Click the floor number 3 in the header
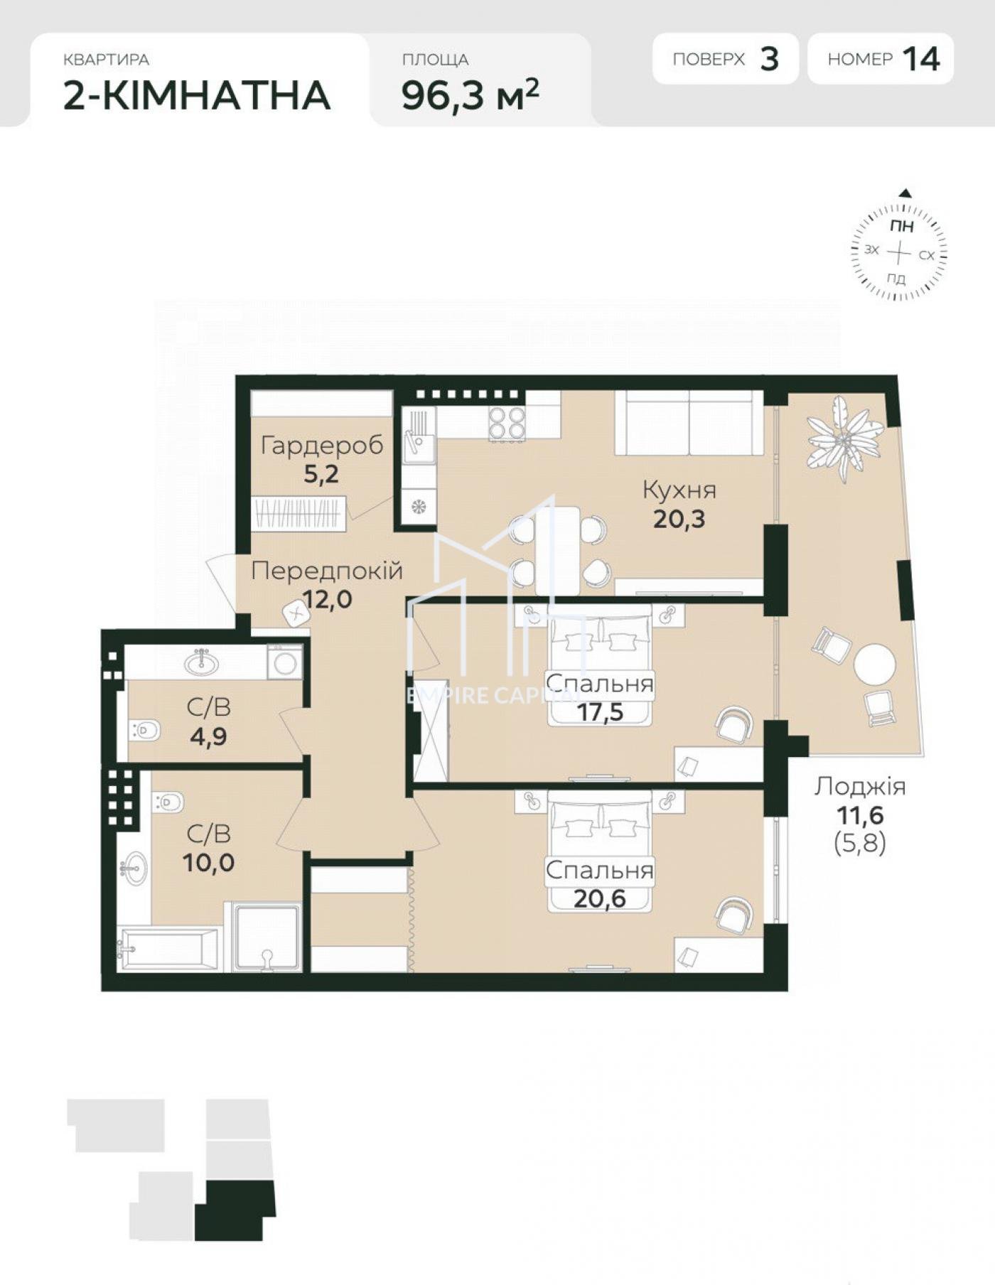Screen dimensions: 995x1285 tap(770, 59)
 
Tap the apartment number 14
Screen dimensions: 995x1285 tap(922, 59)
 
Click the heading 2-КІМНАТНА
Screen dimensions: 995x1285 tap(197, 95)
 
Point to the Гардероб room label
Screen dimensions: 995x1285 tap(322, 445)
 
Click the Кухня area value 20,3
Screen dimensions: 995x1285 tap(679, 519)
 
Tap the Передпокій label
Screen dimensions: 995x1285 tap(327, 570)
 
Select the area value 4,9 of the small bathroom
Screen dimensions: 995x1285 tap(208, 736)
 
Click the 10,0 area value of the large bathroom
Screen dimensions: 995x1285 tap(208, 863)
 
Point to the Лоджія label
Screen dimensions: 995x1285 tap(860, 786)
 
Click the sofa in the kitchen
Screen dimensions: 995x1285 tap(689, 422)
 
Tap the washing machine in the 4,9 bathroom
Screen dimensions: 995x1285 tap(285, 662)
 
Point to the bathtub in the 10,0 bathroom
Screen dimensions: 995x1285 tap(170, 948)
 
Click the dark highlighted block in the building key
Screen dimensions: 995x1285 tap(235, 1211)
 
